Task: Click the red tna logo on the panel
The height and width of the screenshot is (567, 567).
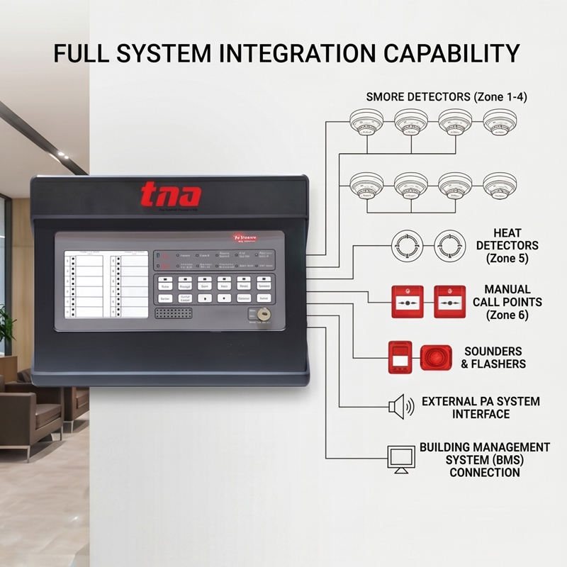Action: point(170,195)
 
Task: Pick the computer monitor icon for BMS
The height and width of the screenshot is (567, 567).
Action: point(401,458)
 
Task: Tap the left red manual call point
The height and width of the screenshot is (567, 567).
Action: point(406,301)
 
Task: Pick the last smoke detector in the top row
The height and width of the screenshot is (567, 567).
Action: point(500,122)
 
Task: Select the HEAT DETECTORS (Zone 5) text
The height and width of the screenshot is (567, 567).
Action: point(507,245)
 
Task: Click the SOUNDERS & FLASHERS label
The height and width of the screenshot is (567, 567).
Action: point(494,357)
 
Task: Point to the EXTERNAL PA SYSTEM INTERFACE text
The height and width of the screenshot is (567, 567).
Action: point(481,407)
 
